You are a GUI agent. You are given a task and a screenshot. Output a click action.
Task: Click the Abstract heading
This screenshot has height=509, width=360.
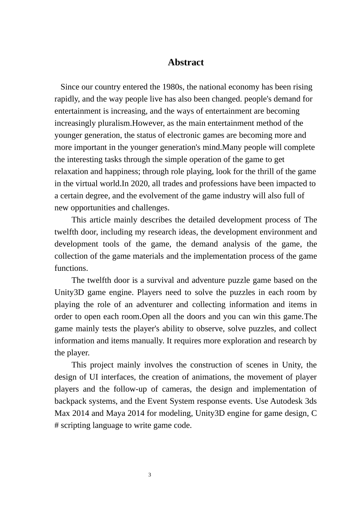pyautogui.click(x=186, y=62)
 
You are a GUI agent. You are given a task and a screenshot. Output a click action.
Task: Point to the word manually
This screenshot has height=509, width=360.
pyautogui.click(x=148, y=341)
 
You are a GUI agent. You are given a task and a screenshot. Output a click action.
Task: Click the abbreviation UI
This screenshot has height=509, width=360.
pyautogui.click(x=94, y=377)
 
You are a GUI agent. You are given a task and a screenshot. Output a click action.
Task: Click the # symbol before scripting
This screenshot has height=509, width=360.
pyautogui.click(x=56, y=426)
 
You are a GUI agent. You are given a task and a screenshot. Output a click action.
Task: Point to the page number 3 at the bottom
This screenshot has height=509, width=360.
pyautogui.click(x=150, y=475)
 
